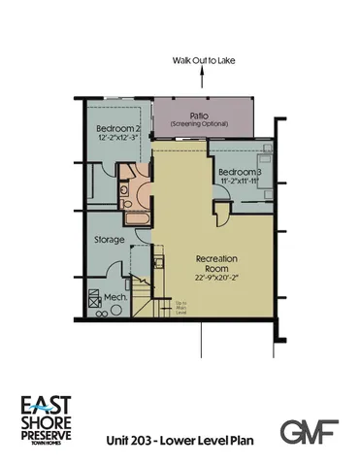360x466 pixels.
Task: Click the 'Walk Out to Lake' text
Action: click(204, 60)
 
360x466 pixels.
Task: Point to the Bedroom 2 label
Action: click(119, 129)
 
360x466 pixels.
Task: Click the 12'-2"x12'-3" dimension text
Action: click(119, 140)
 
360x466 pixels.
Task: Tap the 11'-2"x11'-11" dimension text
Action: click(237, 181)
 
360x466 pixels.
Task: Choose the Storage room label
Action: click(109, 239)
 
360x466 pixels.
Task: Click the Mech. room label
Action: click(115, 298)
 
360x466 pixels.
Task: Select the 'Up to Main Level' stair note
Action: click(180, 307)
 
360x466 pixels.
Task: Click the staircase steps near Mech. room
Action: click(144, 296)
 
